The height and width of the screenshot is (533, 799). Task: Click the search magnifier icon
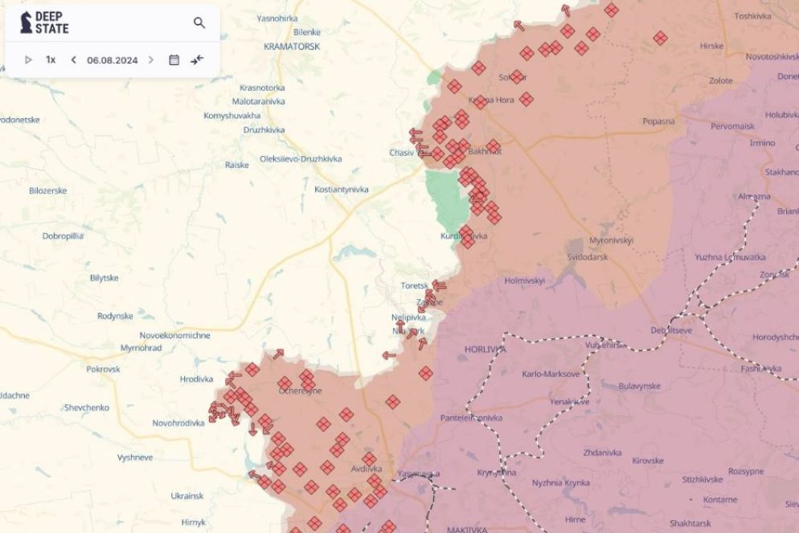click(x=199, y=23)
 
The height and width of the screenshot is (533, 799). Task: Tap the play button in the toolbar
click(x=28, y=59)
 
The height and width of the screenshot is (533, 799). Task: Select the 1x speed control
click(x=51, y=59)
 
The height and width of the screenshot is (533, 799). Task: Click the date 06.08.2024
click(x=112, y=59)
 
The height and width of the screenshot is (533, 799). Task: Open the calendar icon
click(x=174, y=59)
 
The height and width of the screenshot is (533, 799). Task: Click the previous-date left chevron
click(x=74, y=59)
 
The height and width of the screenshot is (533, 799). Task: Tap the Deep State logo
click(x=45, y=23)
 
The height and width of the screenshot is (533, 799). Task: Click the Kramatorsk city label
click(x=292, y=47)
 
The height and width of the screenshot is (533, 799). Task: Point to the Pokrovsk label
click(x=103, y=369)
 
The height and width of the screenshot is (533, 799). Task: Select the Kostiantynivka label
click(x=341, y=189)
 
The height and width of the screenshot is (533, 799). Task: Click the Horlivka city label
click(x=485, y=350)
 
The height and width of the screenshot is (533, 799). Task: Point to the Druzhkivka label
click(x=264, y=129)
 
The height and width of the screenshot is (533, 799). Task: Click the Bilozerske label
click(x=47, y=191)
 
